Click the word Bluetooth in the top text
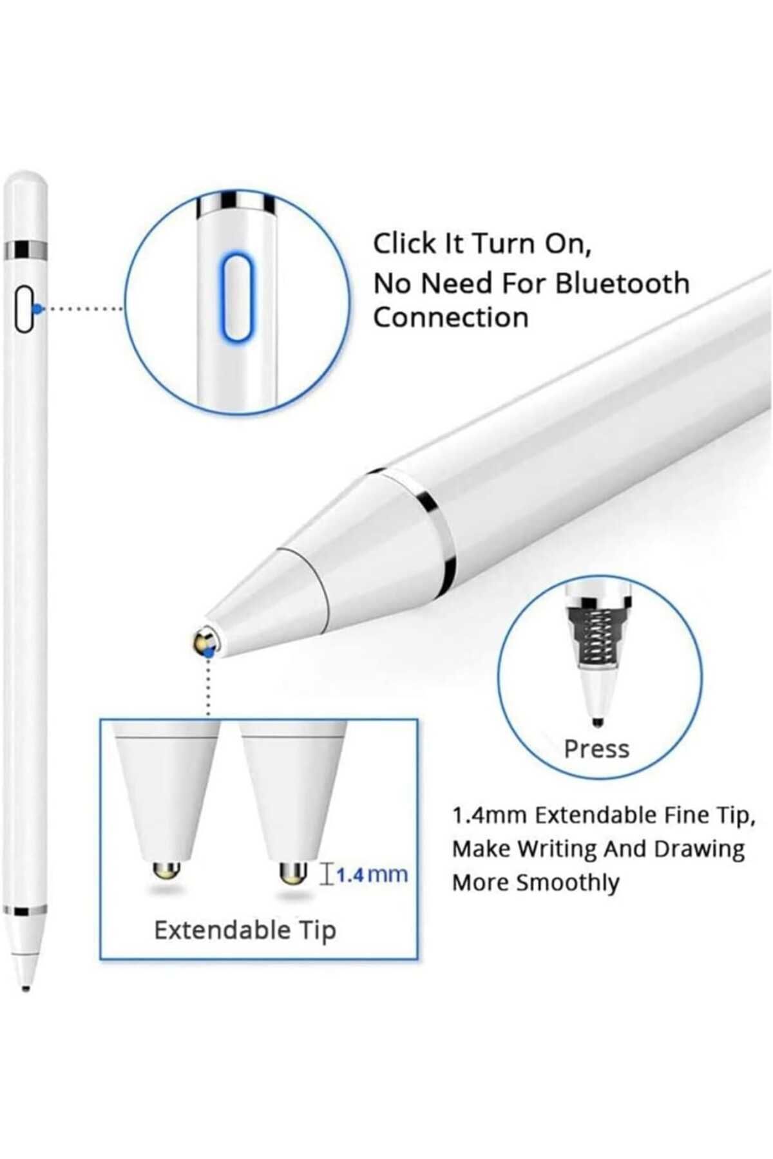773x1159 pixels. click(x=622, y=283)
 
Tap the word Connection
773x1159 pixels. click(x=451, y=317)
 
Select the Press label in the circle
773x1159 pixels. click(x=596, y=749)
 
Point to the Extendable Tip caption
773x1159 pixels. click(x=245, y=930)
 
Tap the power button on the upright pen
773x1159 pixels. click(x=24, y=310)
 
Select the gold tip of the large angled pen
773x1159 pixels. click(x=205, y=643)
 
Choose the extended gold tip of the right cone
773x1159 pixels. click(x=293, y=872)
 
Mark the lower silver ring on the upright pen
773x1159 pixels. click(x=24, y=911)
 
